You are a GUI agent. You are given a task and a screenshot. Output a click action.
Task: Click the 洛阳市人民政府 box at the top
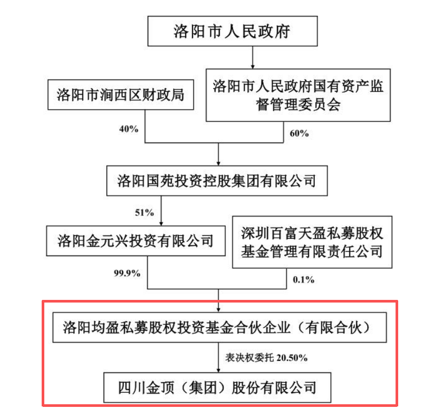[x=232, y=32]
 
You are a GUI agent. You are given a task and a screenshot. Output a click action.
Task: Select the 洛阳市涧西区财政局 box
[x=120, y=95]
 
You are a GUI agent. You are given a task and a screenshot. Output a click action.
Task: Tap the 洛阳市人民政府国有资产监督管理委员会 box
[x=298, y=95]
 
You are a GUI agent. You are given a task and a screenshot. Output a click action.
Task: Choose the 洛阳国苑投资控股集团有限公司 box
[x=217, y=181]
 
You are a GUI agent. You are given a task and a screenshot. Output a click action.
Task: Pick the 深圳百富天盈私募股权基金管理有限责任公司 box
[x=312, y=242]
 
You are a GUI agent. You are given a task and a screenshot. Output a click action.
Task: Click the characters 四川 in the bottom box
[x=132, y=387]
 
